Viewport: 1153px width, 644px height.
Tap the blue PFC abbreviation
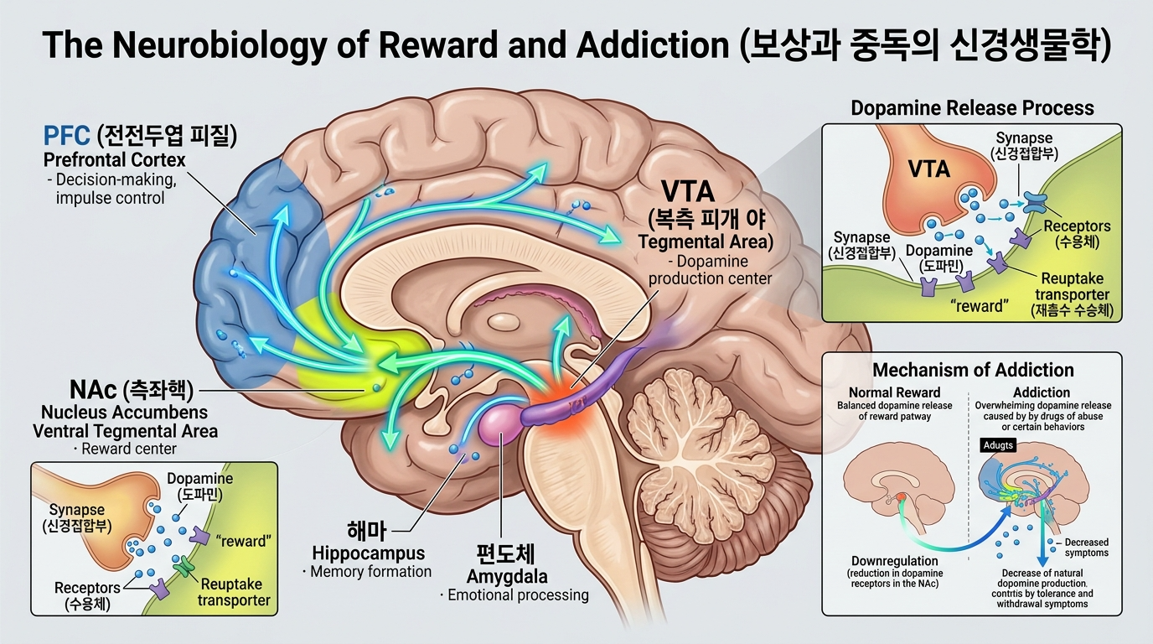(x=67, y=134)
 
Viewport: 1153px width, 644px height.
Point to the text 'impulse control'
(x=110, y=198)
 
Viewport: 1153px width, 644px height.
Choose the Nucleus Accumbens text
(x=125, y=412)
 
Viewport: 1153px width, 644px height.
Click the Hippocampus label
(x=368, y=553)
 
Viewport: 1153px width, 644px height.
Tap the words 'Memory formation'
(x=370, y=572)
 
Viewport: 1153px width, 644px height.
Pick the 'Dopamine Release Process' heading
(x=972, y=108)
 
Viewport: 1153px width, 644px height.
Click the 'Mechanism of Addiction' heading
(x=973, y=370)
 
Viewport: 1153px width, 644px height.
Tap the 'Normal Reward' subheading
(x=894, y=392)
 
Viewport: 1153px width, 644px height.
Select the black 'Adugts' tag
(x=997, y=445)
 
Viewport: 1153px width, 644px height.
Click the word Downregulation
(x=894, y=561)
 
